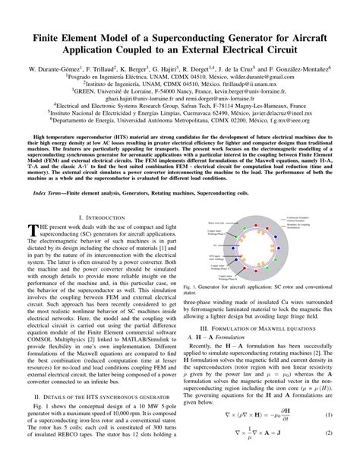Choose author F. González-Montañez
296,69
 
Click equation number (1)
330,436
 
